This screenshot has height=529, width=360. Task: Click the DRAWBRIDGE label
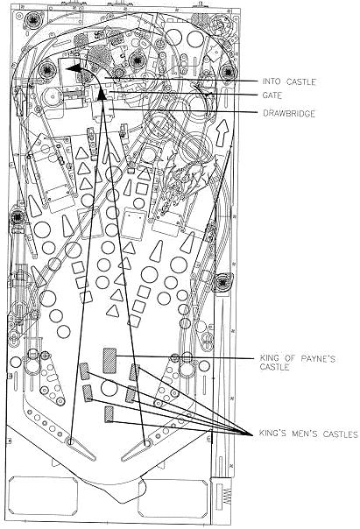[x=289, y=113]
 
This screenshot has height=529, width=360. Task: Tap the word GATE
[x=272, y=95]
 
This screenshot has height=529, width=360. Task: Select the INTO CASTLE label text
[x=289, y=81]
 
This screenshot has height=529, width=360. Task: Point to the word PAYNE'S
[x=317, y=358]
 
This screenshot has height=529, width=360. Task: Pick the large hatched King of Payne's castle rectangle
[x=109, y=361]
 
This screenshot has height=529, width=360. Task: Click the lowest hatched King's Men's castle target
[x=109, y=414]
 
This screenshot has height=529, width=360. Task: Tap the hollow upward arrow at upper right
[x=222, y=132]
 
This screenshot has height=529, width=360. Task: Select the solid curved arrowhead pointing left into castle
[x=74, y=68]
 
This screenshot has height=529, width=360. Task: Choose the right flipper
[x=136, y=450]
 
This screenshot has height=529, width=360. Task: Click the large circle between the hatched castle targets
[x=109, y=388]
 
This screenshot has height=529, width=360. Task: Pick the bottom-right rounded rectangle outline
[x=173, y=498]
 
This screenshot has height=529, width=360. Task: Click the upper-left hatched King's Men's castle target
[x=84, y=371]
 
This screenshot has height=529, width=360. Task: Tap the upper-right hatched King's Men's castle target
[x=134, y=372]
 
